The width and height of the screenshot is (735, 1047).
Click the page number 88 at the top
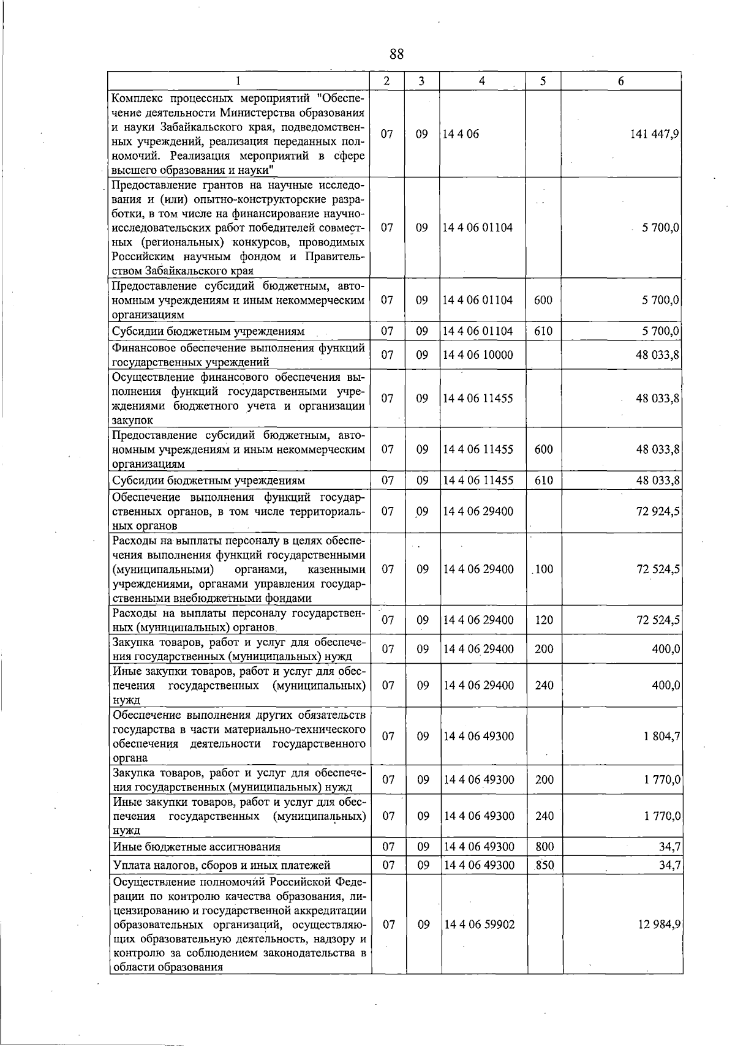click(396, 54)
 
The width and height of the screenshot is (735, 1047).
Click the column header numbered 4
click(482, 81)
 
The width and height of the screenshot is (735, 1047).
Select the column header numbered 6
click(620, 81)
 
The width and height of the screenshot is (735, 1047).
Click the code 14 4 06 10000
click(478, 355)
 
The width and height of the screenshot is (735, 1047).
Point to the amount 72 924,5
click(658, 511)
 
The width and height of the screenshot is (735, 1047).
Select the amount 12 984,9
click(658, 925)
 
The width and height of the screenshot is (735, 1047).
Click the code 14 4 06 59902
click(479, 925)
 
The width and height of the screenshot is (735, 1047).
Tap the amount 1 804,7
click(661, 737)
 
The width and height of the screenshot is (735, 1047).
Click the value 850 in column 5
click(544, 865)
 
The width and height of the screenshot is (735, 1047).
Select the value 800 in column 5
click(544, 847)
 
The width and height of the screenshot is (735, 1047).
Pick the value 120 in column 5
click(544, 620)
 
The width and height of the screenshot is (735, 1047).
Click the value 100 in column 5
click(544, 569)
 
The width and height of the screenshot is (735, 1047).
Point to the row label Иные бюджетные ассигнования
click(197, 847)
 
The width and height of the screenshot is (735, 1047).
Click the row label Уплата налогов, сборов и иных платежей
click(222, 866)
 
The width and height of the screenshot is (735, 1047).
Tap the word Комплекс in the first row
click(139, 98)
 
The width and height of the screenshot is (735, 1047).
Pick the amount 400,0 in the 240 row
click(666, 686)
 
